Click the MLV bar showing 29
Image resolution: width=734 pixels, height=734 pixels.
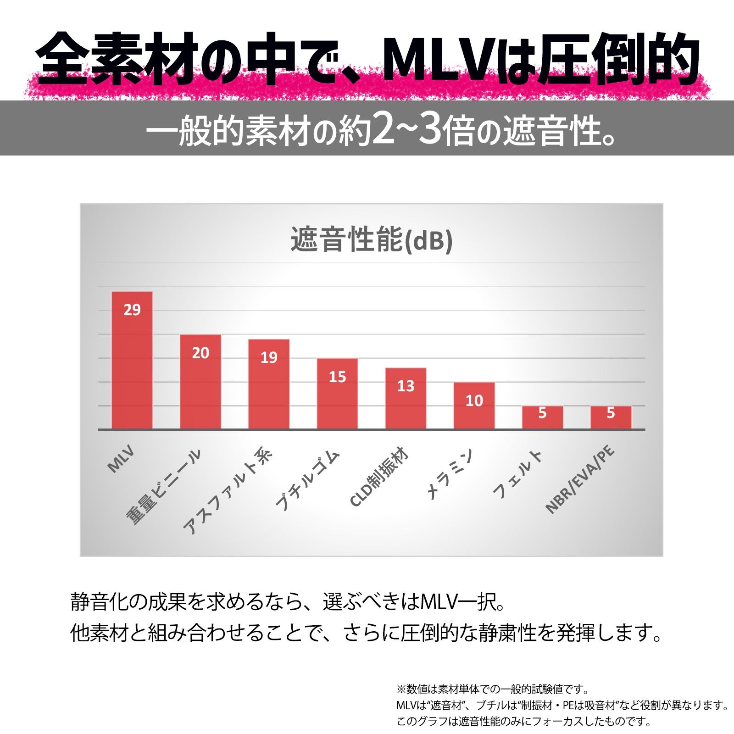point(132,360)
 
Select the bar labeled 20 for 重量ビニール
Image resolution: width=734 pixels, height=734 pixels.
point(200,382)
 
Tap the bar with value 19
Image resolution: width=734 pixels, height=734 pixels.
point(269,384)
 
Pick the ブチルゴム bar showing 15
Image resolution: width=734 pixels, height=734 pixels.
point(337,394)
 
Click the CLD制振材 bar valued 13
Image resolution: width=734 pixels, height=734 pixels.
point(406,398)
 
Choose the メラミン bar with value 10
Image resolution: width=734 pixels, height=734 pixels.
point(474,406)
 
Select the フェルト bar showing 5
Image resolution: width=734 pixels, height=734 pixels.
point(542,417)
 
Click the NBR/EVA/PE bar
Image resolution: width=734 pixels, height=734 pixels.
point(611,417)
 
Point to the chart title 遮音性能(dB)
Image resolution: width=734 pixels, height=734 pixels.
point(372,239)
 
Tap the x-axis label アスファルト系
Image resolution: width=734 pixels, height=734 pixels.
point(228,491)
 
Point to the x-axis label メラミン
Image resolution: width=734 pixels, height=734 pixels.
point(450,474)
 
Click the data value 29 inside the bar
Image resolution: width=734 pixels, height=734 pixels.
point(132,310)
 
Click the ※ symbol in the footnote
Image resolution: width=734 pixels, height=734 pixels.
point(401,690)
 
